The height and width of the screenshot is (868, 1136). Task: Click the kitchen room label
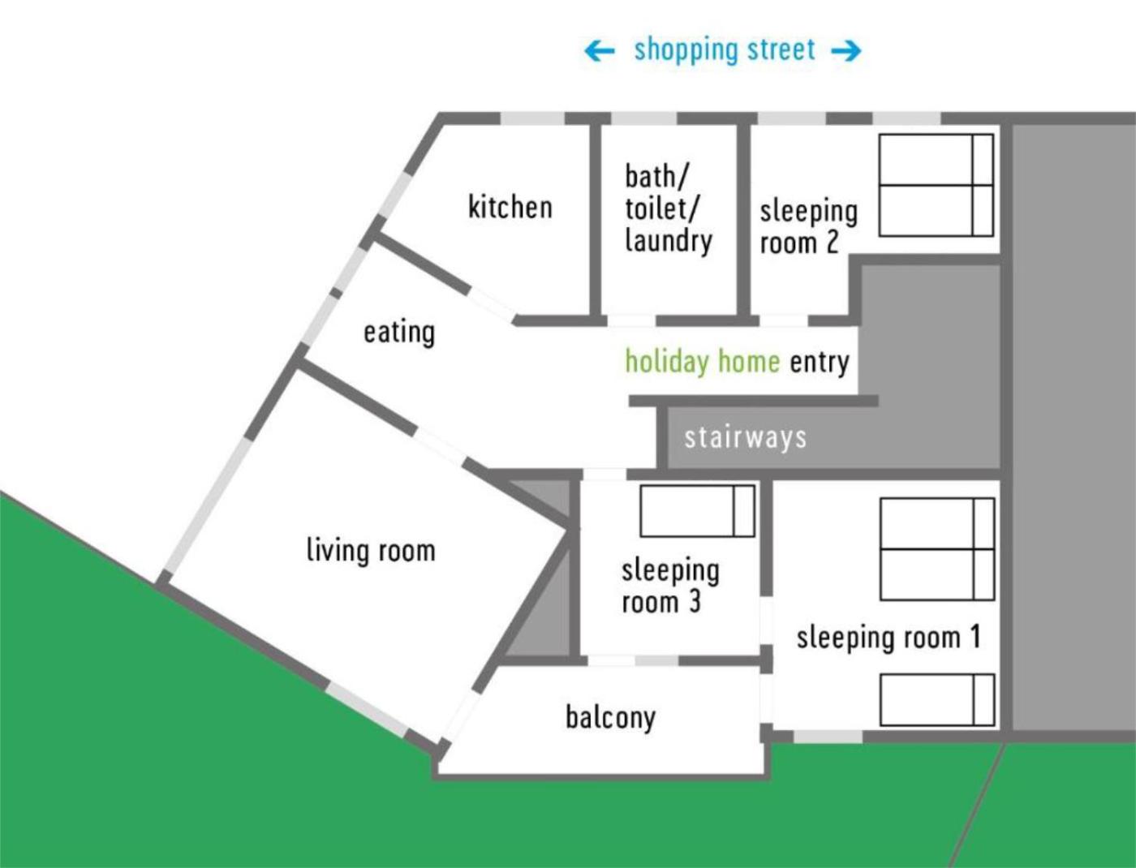(510, 207)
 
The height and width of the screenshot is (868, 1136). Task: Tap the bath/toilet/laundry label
(669, 209)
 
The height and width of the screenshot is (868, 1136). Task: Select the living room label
(371, 550)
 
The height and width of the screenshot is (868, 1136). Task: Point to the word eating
(399, 333)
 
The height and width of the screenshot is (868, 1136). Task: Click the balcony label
(611, 718)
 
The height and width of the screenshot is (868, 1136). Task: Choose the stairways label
(745, 437)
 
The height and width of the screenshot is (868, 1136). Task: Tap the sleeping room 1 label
(889, 638)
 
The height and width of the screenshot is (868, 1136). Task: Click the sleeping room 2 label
(808, 226)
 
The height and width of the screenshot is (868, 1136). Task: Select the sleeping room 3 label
(670, 586)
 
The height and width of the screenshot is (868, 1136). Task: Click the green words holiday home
(703, 360)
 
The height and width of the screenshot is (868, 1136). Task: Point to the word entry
(820, 362)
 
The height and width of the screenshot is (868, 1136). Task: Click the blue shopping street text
(725, 50)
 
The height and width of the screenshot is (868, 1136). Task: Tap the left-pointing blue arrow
(600, 51)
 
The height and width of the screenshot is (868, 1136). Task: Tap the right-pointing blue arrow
(846, 51)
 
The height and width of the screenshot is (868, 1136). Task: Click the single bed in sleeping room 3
(697, 510)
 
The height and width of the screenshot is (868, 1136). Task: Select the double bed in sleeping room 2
(936, 185)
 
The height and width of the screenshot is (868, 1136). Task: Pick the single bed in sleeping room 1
(937, 699)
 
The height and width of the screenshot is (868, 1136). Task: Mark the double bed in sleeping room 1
(937, 549)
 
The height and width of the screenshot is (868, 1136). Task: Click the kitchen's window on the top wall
(532, 118)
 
